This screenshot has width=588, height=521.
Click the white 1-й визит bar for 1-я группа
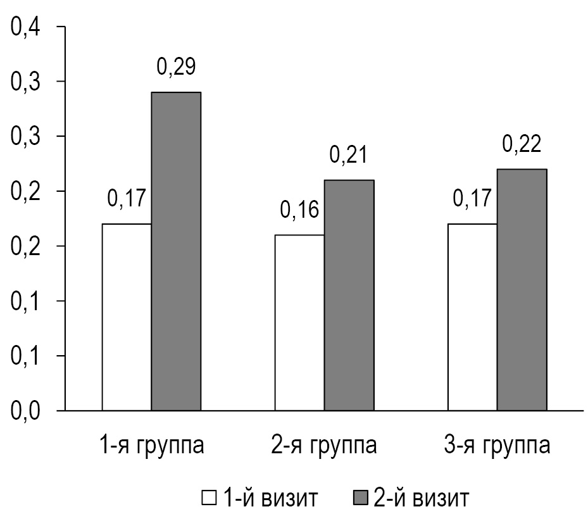[x=127, y=317]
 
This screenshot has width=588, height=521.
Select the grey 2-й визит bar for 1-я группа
[x=176, y=251]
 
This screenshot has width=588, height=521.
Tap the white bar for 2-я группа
[x=299, y=322]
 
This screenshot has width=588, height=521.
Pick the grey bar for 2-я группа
[x=349, y=295]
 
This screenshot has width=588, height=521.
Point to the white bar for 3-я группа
[x=472, y=317]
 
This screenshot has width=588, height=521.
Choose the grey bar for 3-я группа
[x=522, y=289]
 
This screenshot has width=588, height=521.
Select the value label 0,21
[x=349, y=154]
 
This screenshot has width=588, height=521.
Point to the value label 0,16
[x=299, y=210]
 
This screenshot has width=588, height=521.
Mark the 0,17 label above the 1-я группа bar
[x=127, y=198]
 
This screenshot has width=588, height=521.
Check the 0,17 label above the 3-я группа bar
[x=472, y=198]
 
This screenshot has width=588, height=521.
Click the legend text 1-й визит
[x=268, y=498]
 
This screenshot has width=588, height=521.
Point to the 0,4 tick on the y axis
[x=23, y=28]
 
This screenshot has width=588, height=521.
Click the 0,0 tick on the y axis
[x=23, y=411]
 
